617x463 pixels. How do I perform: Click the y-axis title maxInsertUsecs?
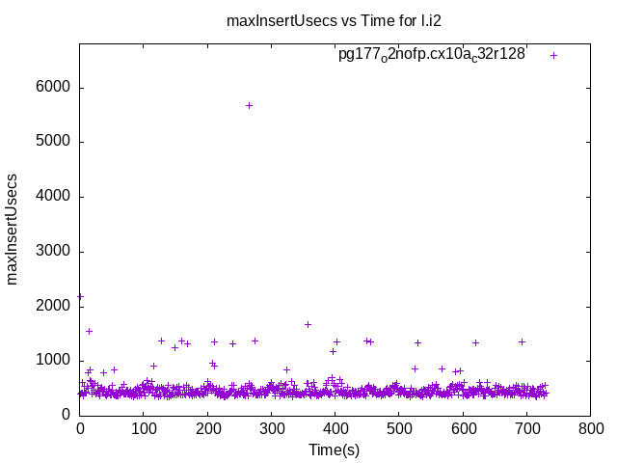(13, 229)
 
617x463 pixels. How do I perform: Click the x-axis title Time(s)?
(334, 449)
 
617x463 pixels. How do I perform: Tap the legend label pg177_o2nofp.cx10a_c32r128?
(431, 55)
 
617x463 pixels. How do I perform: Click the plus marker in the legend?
(553, 55)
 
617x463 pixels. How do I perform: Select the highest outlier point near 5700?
(249, 105)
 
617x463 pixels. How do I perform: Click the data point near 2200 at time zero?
(80, 296)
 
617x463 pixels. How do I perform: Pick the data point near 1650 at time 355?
(308, 324)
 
